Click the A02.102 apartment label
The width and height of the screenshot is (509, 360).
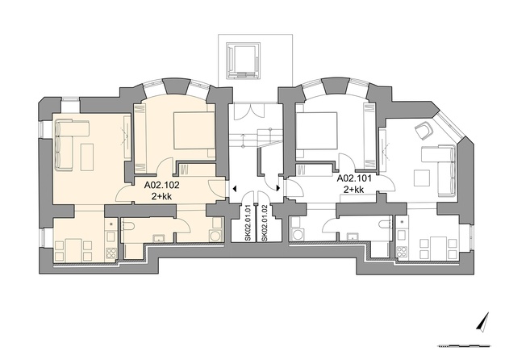point(161,186)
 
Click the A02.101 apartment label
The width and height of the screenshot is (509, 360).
point(354,178)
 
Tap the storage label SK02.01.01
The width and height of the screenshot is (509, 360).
point(248,223)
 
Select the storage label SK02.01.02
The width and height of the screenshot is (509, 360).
point(265,223)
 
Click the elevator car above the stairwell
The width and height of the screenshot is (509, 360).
point(244,61)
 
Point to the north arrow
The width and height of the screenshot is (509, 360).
point(483,323)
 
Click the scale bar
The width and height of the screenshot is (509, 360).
point(465,346)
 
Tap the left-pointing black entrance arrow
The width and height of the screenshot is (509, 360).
point(234,188)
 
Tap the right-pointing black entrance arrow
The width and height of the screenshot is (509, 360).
point(278,188)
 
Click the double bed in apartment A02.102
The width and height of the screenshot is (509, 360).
point(194,134)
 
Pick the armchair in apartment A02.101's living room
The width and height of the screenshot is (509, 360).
point(424,131)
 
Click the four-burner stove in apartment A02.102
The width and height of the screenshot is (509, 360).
point(111,253)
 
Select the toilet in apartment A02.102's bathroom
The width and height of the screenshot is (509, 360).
point(128,224)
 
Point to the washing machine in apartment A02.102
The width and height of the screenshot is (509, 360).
point(215,236)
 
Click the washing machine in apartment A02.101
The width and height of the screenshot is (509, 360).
point(297,235)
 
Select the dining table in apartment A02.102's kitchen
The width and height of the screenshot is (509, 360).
point(73,249)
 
